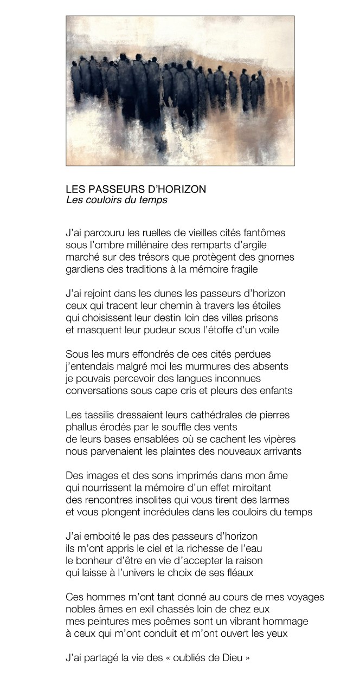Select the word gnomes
pos(276,257)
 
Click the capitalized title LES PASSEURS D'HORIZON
pos(136,190)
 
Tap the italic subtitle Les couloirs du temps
pos(117,200)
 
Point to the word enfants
pos(275,390)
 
